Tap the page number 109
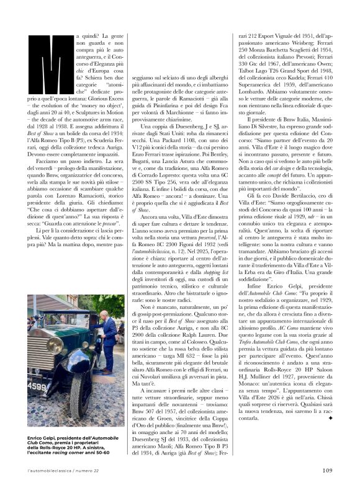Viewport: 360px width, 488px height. click(327, 469)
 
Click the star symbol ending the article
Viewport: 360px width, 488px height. click(330, 436)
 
